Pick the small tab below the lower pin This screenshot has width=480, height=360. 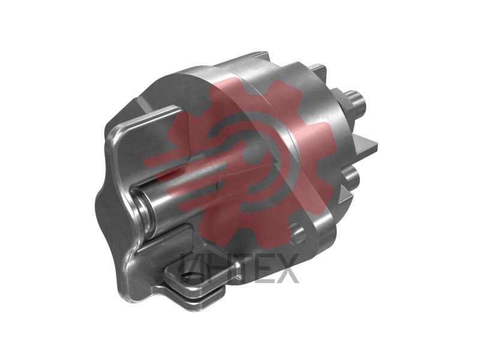(x=346, y=196)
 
